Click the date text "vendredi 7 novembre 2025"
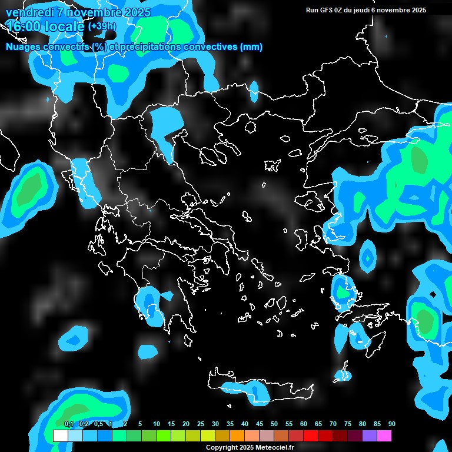78,12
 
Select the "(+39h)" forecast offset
101,26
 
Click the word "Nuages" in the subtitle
24,47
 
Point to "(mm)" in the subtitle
251,47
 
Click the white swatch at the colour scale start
60,436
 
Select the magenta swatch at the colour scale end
384,436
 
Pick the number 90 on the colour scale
392,424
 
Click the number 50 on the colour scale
274,424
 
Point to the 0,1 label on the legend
69,424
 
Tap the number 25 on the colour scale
201,424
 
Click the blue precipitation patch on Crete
257,392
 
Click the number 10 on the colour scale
157,424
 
